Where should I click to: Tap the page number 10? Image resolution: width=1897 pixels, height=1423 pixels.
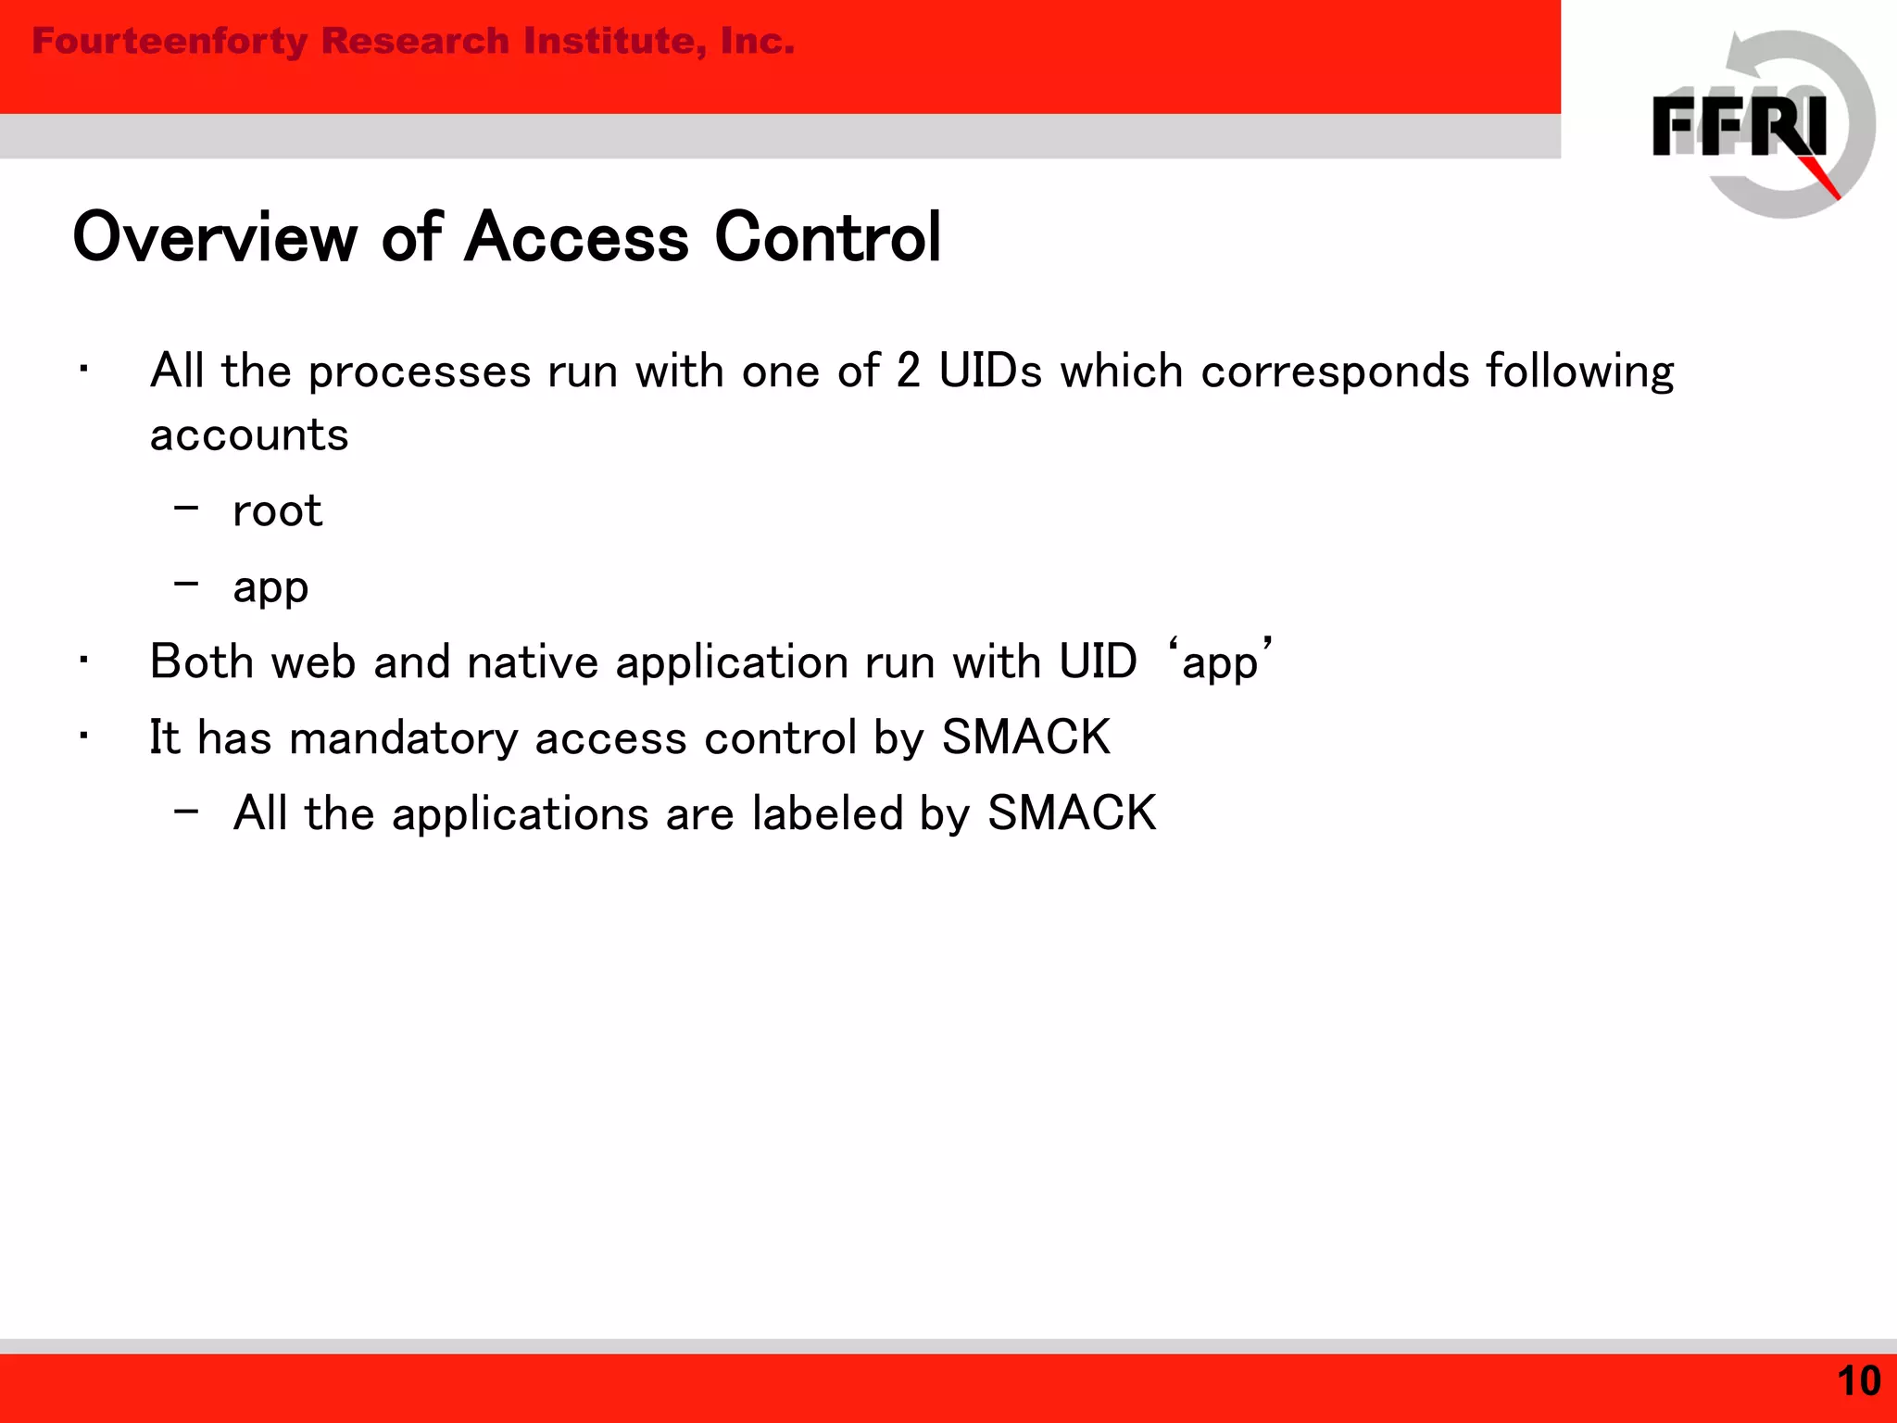tap(1858, 1380)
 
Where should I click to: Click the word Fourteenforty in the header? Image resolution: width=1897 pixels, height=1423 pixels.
tap(169, 41)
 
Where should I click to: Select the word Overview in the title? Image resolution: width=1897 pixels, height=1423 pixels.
tap(215, 237)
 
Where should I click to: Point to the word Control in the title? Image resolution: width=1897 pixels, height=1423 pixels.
tap(828, 237)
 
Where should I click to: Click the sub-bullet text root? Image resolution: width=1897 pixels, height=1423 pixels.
tap(277, 511)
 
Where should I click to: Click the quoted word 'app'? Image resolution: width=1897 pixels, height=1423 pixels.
tap(1220, 661)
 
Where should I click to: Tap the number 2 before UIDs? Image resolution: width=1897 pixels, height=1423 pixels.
tap(908, 371)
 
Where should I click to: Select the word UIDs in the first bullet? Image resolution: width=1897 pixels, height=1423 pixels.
tap(990, 371)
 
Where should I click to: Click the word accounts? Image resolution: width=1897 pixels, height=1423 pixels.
tap(249, 435)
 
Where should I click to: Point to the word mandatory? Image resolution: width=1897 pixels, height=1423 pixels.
tap(403, 739)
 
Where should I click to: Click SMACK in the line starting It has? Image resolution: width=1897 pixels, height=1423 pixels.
tap(1025, 737)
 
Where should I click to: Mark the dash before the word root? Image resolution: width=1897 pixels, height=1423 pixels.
tap(186, 508)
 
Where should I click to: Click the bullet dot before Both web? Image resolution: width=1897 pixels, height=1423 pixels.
tap(83, 661)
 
